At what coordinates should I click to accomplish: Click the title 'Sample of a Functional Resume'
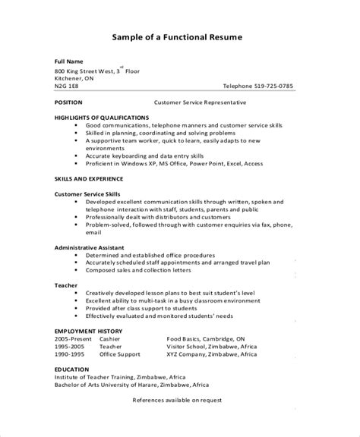(x=180, y=36)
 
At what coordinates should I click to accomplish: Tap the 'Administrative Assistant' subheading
(x=90, y=247)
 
